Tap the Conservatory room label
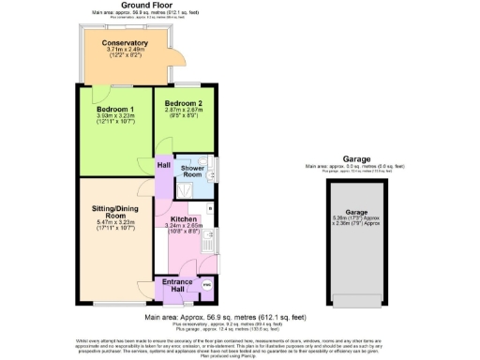click(126, 43)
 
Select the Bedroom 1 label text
click(114, 109)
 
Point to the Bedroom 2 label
click(184, 102)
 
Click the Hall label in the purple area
click(163, 165)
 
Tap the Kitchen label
click(183, 219)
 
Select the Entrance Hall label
click(178, 284)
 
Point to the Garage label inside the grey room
click(356, 213)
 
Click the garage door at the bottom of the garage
click(356, 300)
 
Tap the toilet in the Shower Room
click(213, 169)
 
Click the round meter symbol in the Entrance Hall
click(206, 284)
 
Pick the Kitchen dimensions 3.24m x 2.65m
click(183, 226)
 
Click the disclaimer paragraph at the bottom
click(240, 349)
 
